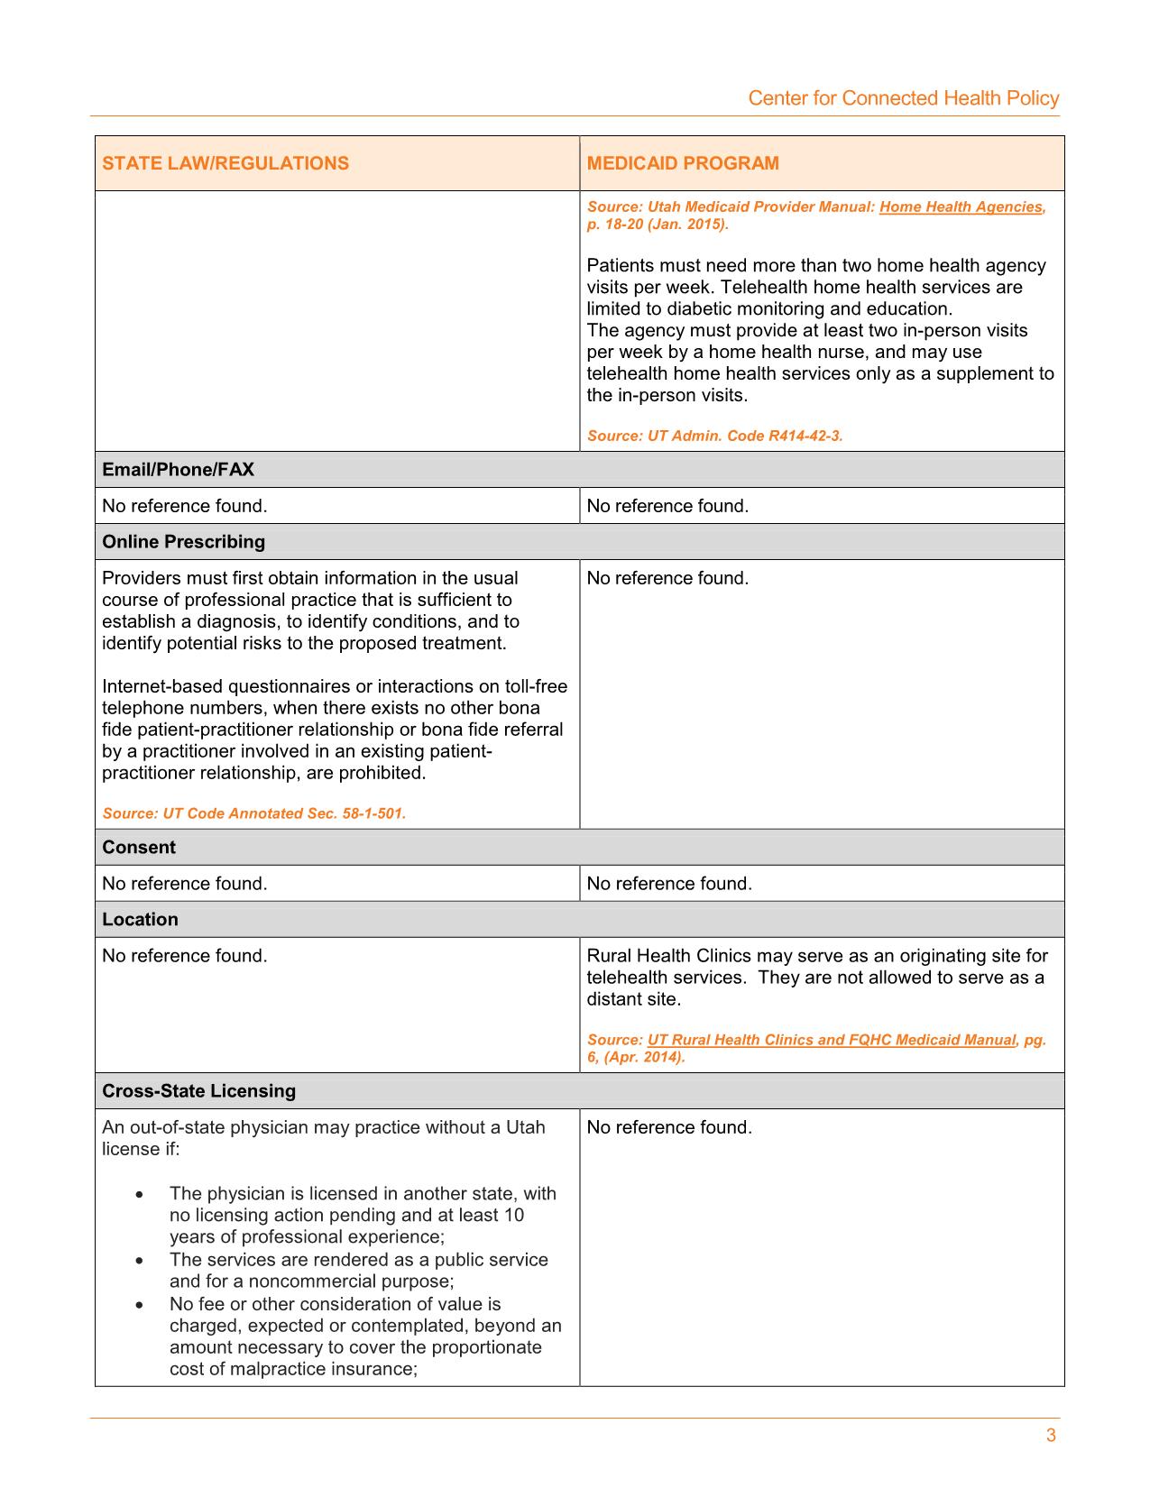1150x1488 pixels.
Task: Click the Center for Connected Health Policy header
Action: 903,98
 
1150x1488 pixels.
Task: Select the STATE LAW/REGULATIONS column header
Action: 225,163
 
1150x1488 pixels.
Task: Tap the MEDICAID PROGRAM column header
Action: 683,163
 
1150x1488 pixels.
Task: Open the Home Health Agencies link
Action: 961,207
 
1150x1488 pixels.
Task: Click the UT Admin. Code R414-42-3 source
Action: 714,436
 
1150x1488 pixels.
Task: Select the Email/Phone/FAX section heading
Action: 179,470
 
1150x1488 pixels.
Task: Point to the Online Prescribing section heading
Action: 184,542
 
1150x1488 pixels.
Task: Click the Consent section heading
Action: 139,848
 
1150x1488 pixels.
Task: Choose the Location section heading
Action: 141,920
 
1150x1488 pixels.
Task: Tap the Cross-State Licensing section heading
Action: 199,1091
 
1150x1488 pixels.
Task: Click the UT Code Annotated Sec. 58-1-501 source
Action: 253,813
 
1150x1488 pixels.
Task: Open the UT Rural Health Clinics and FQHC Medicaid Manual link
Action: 832,1040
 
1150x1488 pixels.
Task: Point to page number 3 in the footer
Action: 1051,1436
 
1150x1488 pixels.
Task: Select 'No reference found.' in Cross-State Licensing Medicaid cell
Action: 669,1127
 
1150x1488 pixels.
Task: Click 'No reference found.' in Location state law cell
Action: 185,956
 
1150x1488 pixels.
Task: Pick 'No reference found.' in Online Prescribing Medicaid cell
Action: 667,578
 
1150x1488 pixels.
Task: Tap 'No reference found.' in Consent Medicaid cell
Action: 669,884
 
